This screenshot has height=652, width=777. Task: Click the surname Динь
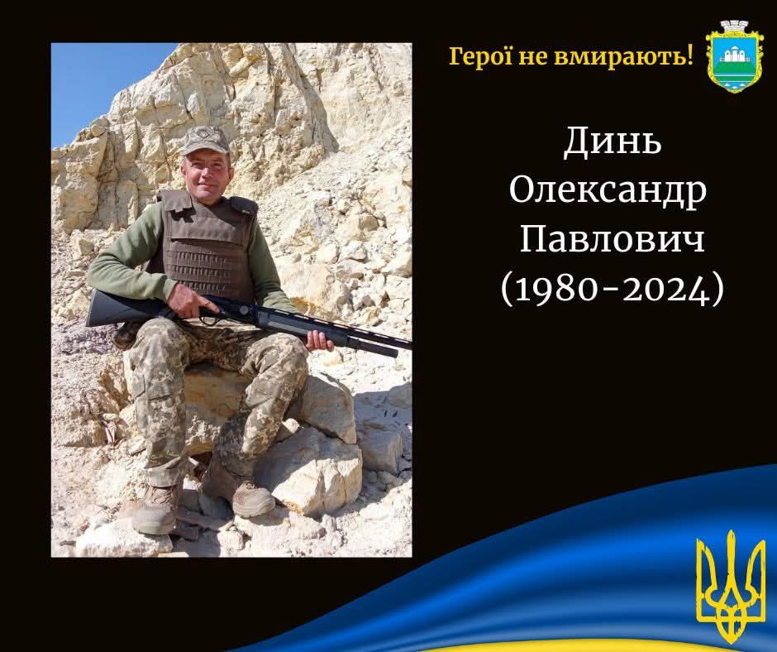[x=613, y=141]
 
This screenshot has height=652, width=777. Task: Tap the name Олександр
[x=608, y=190]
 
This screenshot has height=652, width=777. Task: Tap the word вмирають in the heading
[x=621, y=58]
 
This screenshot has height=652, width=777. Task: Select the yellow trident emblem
[x=731, y=587]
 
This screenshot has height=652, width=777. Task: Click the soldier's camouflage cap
[x=205, y=140]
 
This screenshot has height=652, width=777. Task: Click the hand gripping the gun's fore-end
[x=318, y=340]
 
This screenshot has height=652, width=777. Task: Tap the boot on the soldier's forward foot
[x=254, y=498]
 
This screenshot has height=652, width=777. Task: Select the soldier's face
[x=207, y=175]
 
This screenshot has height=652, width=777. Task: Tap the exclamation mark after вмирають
[x=689, y=56]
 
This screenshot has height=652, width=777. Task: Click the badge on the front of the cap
[x=203, y=132]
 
